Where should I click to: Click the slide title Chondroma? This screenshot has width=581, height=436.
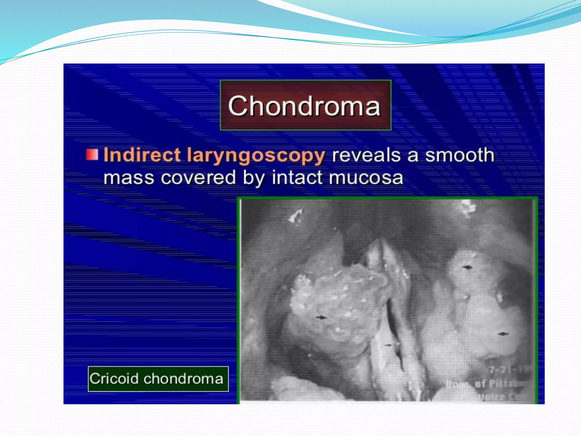pos(304,106)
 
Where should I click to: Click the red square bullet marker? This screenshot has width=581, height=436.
pos(92,155)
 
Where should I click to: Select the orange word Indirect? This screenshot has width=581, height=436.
pos(142,155)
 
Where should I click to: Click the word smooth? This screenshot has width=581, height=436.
pos(460,155)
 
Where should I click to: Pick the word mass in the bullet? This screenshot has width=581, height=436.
pos(129,178)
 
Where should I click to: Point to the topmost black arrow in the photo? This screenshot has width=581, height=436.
pos(467,267)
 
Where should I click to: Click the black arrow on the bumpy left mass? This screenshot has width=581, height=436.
pos(321,317)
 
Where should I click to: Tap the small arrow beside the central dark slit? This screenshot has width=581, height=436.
pos(388,345)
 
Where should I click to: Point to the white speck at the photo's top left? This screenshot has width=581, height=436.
pos(296,215)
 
